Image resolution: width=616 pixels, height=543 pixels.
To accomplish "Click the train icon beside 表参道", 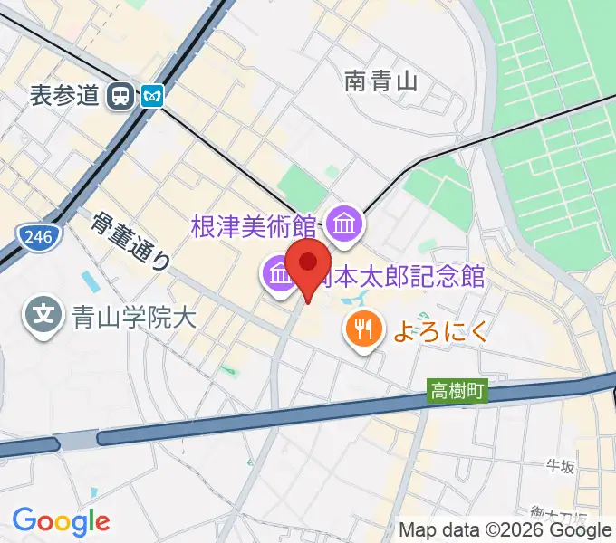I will pos(119,95).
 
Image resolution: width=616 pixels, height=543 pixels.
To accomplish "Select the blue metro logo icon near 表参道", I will pos(151,95).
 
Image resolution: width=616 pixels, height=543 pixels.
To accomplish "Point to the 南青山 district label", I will pos(380,82).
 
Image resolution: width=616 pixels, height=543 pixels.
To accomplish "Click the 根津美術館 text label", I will pos(254,225).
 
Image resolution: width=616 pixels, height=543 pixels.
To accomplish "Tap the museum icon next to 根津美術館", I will pos(344,224).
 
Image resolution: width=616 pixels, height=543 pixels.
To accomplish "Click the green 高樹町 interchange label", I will pos(457,391).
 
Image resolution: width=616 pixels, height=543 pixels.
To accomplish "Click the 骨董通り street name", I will pos(131,241).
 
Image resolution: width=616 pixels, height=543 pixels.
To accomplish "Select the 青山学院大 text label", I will pos(134,317).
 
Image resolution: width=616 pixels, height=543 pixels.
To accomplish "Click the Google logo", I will pos(61,521).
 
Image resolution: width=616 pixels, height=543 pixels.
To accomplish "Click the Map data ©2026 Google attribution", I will pos(505,529).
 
